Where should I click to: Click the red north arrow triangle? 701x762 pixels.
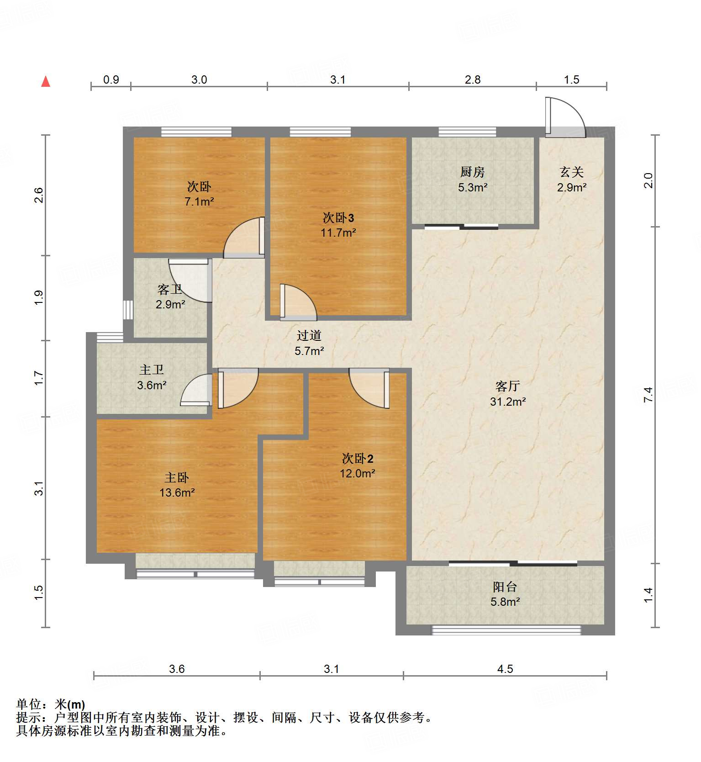[46, 82]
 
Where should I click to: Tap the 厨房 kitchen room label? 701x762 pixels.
[472, 172]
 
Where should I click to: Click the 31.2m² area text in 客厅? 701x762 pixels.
[508, 402]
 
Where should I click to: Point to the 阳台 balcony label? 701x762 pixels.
[505, 587]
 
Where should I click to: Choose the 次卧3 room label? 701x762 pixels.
[338, 217]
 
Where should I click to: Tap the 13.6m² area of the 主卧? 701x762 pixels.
[177, 492]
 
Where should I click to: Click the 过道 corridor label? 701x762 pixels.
[309, 335]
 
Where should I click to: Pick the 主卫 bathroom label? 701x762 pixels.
[152, 369]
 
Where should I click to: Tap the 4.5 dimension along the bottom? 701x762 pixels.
[505, 669]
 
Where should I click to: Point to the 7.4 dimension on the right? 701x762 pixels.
[648, 394]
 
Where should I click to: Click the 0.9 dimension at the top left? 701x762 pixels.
[111, 79]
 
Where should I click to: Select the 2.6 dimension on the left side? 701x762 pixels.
[39, 195]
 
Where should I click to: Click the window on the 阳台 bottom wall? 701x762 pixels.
[506, 630]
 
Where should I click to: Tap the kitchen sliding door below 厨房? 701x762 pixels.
[461, 226]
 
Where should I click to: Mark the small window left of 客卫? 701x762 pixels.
[128, 309]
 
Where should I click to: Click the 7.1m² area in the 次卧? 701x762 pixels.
[199, 201]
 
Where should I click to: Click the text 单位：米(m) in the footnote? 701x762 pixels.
[50, 704]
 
